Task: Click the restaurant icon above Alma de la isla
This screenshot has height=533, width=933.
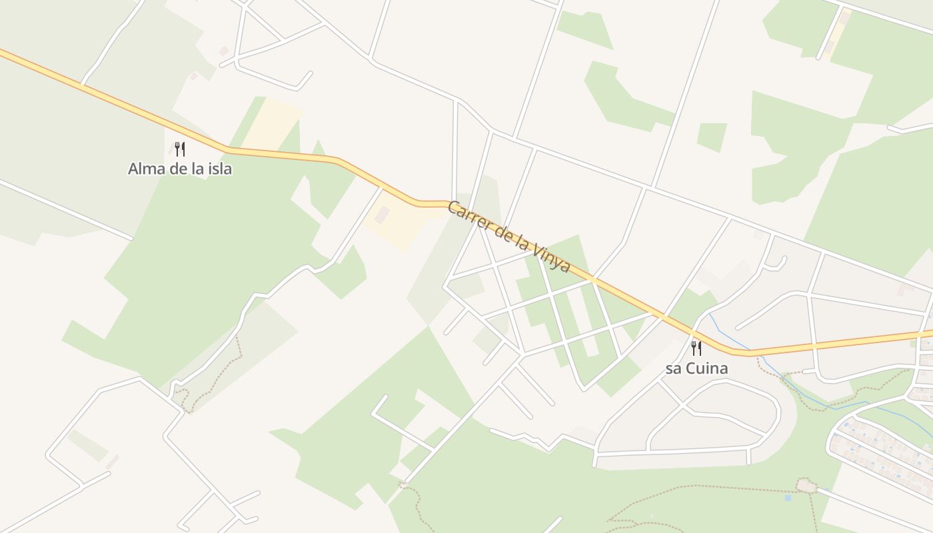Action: pos(179,149)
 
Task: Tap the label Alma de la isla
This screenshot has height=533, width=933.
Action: pos(180,169)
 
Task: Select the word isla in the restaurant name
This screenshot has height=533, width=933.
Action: pos(219,169)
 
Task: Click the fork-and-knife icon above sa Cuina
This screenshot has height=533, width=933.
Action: pos(696,348)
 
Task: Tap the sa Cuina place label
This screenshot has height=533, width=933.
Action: pos(696,368)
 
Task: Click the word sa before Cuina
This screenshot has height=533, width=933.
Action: pos(673,368)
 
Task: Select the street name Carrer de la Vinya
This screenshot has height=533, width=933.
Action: pos(508,237)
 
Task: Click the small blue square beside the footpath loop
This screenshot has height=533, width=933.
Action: pos(788,497)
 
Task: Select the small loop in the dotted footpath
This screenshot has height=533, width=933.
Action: pos(806,486)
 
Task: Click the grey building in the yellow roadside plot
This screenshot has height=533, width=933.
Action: pos(383,215)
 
